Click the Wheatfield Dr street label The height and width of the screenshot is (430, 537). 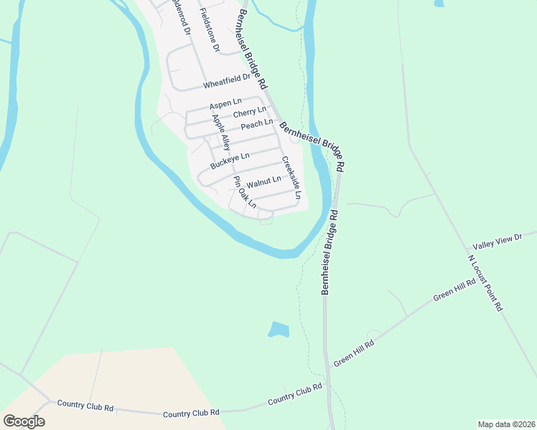pyautogui.click(x=226, y=81)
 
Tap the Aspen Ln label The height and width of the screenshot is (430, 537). pyautogui.click(x=226, y=103)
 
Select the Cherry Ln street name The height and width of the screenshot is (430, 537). pyautogui.click(x=249, y=113)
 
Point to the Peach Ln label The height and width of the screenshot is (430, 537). pyautogui.click(x=256, y=125)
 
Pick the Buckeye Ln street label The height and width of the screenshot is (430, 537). pyautogui.click(x=230, y=161)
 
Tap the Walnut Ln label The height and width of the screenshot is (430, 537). pyautogui.click(x=263, y=182)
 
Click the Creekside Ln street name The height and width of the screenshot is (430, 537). pyautogui.click(x=291, y=178)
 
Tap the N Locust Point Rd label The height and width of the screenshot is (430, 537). pyautogui.click(x=485, y=282)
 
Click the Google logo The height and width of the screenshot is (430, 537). pyautogui.click(x=24, y=421)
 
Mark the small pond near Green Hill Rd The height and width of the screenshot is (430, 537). pyautogui.click(x=279, y=330)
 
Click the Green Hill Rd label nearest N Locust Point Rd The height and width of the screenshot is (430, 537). pyautogui.click(x=454, y=291)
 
